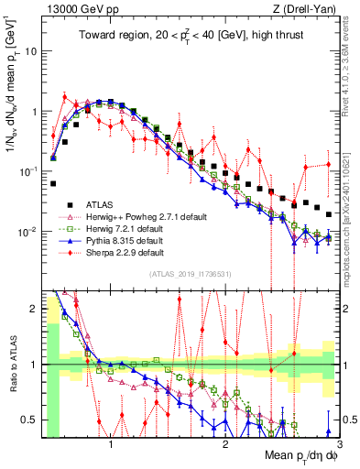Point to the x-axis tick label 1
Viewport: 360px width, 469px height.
point(111,445)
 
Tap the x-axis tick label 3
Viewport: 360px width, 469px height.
point(339,445)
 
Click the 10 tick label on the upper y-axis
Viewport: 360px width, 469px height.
point(30,51)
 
